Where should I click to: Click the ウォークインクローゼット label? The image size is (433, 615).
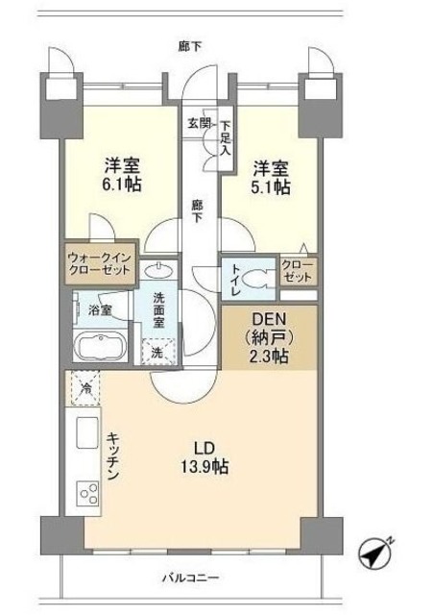pos(103,264)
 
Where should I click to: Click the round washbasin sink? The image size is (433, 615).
pos(164,270)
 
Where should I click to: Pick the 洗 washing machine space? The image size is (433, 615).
pos(156,353)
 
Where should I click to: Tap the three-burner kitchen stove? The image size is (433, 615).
pos(88,495)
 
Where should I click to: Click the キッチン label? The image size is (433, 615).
pos(111,457)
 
